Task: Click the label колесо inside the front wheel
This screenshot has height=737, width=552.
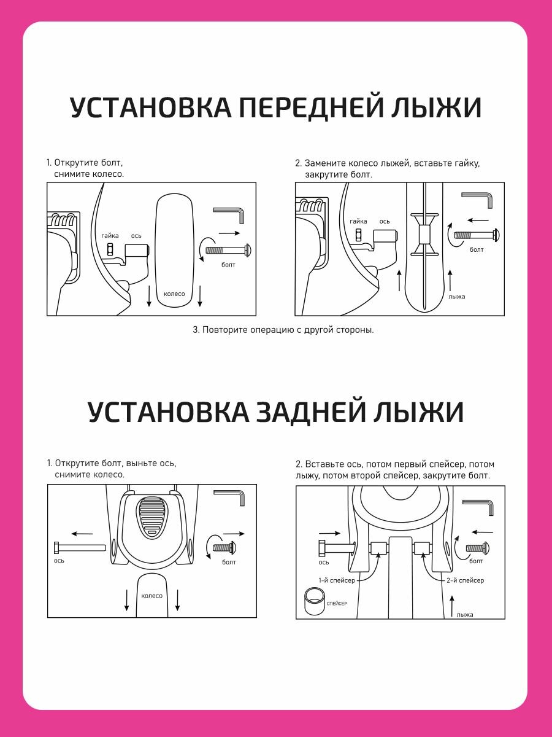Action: (174, 294)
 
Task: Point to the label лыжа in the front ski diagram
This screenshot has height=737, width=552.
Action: (456, 297)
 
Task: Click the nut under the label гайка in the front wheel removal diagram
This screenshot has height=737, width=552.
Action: (110, 249)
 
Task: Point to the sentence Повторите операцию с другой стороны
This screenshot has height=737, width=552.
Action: (283, 330)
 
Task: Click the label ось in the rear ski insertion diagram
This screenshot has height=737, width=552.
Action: (324, 562)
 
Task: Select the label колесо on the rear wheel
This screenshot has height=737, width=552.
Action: (151, 596)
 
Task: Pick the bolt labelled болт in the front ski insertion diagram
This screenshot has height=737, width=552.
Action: (476, 235)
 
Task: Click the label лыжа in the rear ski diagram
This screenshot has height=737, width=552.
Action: (465, 614)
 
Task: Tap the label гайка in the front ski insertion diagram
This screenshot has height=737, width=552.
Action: (358, 221)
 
